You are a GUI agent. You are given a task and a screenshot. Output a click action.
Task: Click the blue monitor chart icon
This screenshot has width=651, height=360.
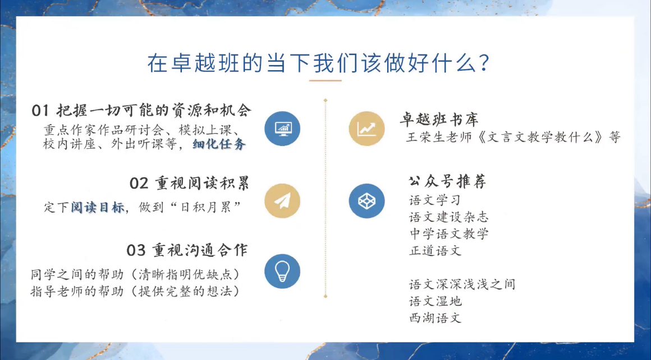[x=282, y=129]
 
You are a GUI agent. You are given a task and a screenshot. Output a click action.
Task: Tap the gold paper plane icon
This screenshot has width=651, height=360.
[x=282, y=201]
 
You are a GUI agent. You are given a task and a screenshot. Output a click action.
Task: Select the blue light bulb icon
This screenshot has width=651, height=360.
[x=282, y=271]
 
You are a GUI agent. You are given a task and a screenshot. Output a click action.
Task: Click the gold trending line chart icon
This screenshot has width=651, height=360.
[x=366, y=129]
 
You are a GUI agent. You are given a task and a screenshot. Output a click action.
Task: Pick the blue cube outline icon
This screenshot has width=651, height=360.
[x=366, y=201]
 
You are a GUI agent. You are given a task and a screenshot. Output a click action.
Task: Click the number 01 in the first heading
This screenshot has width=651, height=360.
[x=40, y=111]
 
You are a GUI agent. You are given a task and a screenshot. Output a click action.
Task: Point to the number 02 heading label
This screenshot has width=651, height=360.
[x=139, y=183]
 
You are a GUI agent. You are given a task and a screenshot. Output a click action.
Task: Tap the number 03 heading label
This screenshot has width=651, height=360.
[x=136, y=250]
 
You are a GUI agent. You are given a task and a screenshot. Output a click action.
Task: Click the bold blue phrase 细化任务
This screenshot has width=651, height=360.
[x=219, y=144]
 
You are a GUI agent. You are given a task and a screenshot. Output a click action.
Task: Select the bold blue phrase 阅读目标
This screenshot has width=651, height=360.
[x=98, y=207]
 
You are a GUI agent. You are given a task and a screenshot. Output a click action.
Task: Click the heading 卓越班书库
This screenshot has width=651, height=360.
[x=439, y=119]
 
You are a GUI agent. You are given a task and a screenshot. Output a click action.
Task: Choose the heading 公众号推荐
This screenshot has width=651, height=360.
[x=447, y=181]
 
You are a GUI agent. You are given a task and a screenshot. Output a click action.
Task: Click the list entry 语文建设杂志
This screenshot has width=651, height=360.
[x=449, y=217]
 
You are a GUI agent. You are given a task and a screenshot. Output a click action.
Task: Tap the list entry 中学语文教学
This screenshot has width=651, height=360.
[x=449, y=234]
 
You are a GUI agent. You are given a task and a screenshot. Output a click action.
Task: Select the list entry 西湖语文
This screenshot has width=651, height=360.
[x=435, y=318]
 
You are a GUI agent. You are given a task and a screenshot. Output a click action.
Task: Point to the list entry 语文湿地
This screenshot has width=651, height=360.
[x=435, y=301]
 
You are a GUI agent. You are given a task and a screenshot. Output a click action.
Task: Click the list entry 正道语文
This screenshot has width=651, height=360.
[x=435, y=250]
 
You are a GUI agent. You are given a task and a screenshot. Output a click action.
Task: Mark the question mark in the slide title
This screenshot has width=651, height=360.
[x=484, y=63]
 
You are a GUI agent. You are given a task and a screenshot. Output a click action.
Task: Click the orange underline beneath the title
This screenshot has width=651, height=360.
[x=325, y=80]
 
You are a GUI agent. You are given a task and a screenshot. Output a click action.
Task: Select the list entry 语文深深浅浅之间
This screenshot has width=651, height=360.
[x=462, y=284]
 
